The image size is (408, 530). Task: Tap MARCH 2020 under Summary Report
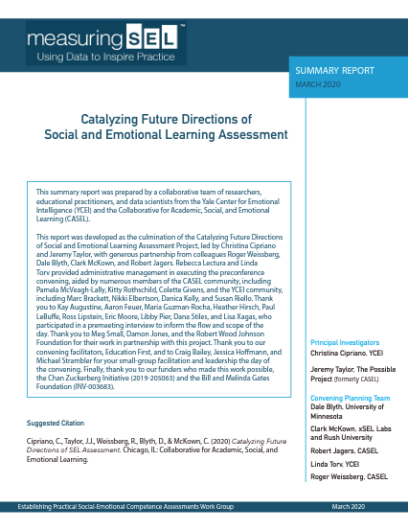coord(320,84)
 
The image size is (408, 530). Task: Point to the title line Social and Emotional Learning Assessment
coord(166,136)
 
